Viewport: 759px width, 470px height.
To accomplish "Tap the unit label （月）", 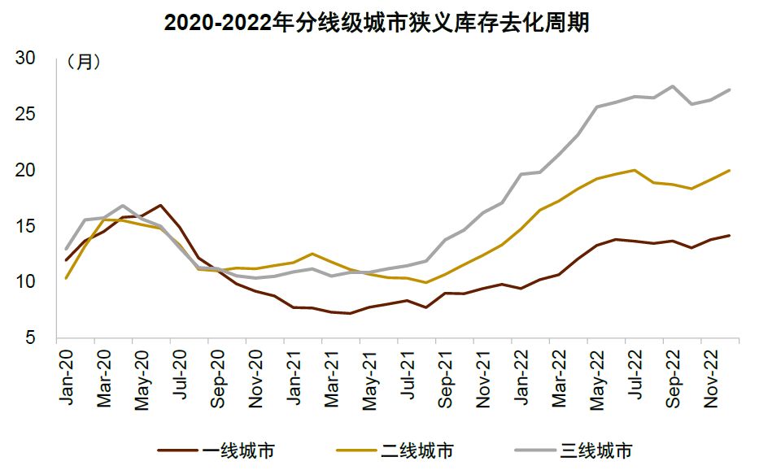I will (x=84, y=62).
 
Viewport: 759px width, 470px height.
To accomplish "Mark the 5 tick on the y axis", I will (x=31, y=337).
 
